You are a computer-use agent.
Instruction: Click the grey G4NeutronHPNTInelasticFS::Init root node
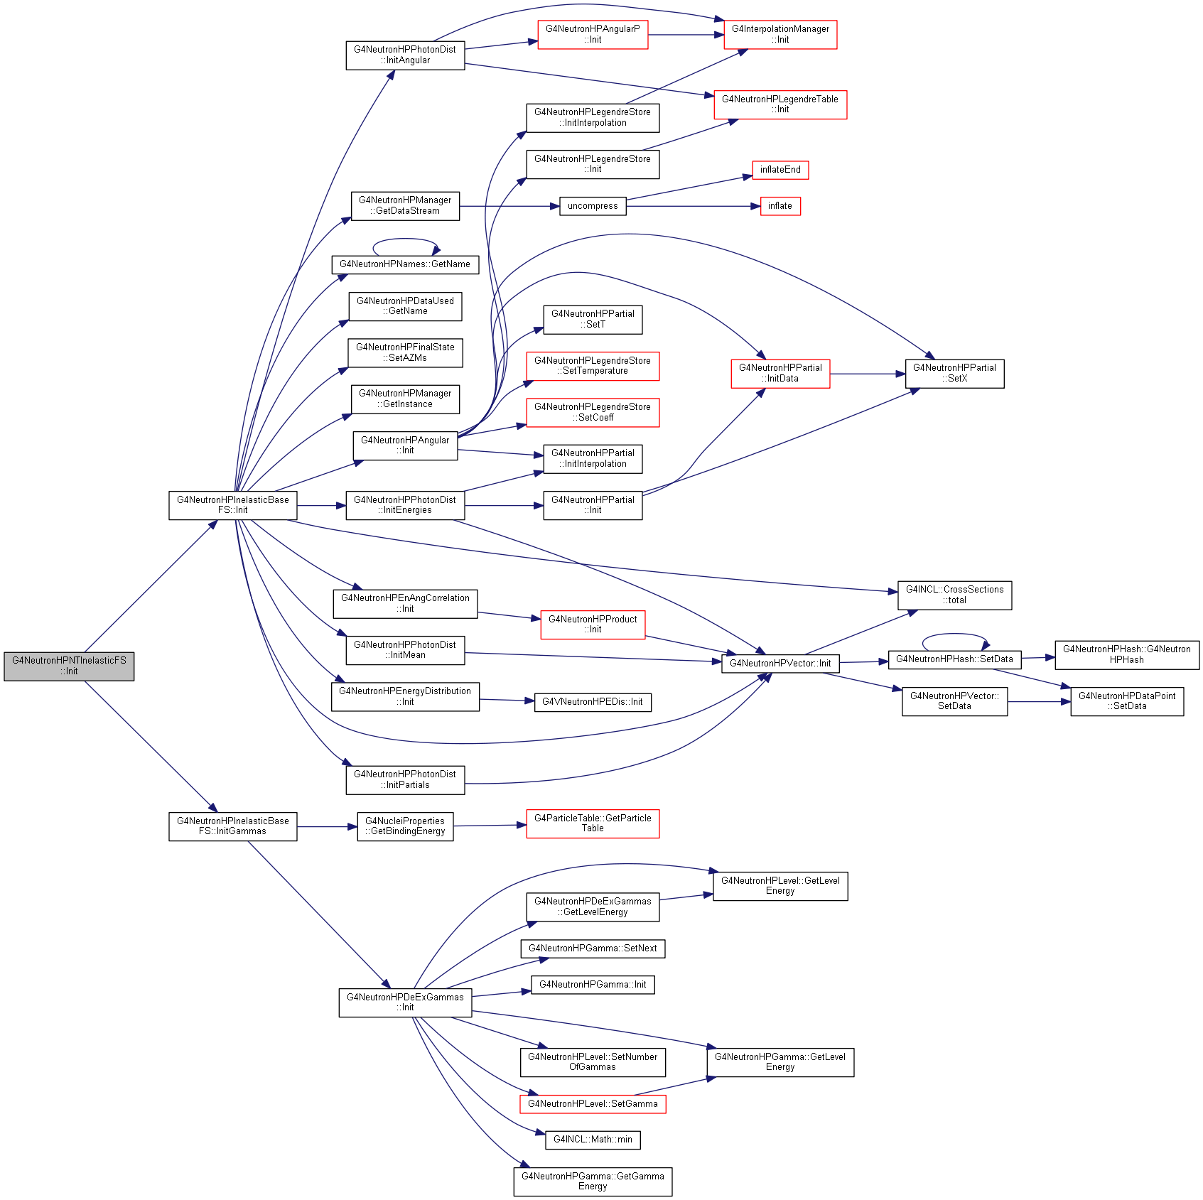click(69, 666)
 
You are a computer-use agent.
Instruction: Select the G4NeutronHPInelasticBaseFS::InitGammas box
click(233, 826)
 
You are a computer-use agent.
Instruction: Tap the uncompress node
click(593, 206)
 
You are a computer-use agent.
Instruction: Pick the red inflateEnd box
click(780, 170)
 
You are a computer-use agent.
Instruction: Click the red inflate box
click(780, 206)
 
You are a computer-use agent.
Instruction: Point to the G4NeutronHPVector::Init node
click(780, 664)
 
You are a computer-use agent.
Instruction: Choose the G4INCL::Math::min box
click(593, 1140)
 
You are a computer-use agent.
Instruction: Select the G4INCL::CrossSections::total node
click(954, 595)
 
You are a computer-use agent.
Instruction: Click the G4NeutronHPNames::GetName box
click(405, 264)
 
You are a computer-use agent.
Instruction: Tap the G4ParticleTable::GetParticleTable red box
click(593, 823)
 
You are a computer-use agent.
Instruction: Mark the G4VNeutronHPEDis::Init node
click(593, 702)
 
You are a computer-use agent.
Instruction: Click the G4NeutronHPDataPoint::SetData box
click(1127, 701)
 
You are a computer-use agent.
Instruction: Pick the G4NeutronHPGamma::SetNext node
click(593, 948)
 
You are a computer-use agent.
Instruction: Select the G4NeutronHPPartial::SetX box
click(954, 374)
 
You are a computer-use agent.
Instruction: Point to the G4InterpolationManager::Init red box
click(780, 35)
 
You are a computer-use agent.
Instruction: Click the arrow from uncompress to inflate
click(694, 206)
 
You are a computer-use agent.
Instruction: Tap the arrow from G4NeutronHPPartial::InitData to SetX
click(868, 374)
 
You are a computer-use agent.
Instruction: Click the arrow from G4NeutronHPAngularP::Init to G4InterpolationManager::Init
click(686, 35)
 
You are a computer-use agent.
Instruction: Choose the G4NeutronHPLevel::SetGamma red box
click(593, 1104)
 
